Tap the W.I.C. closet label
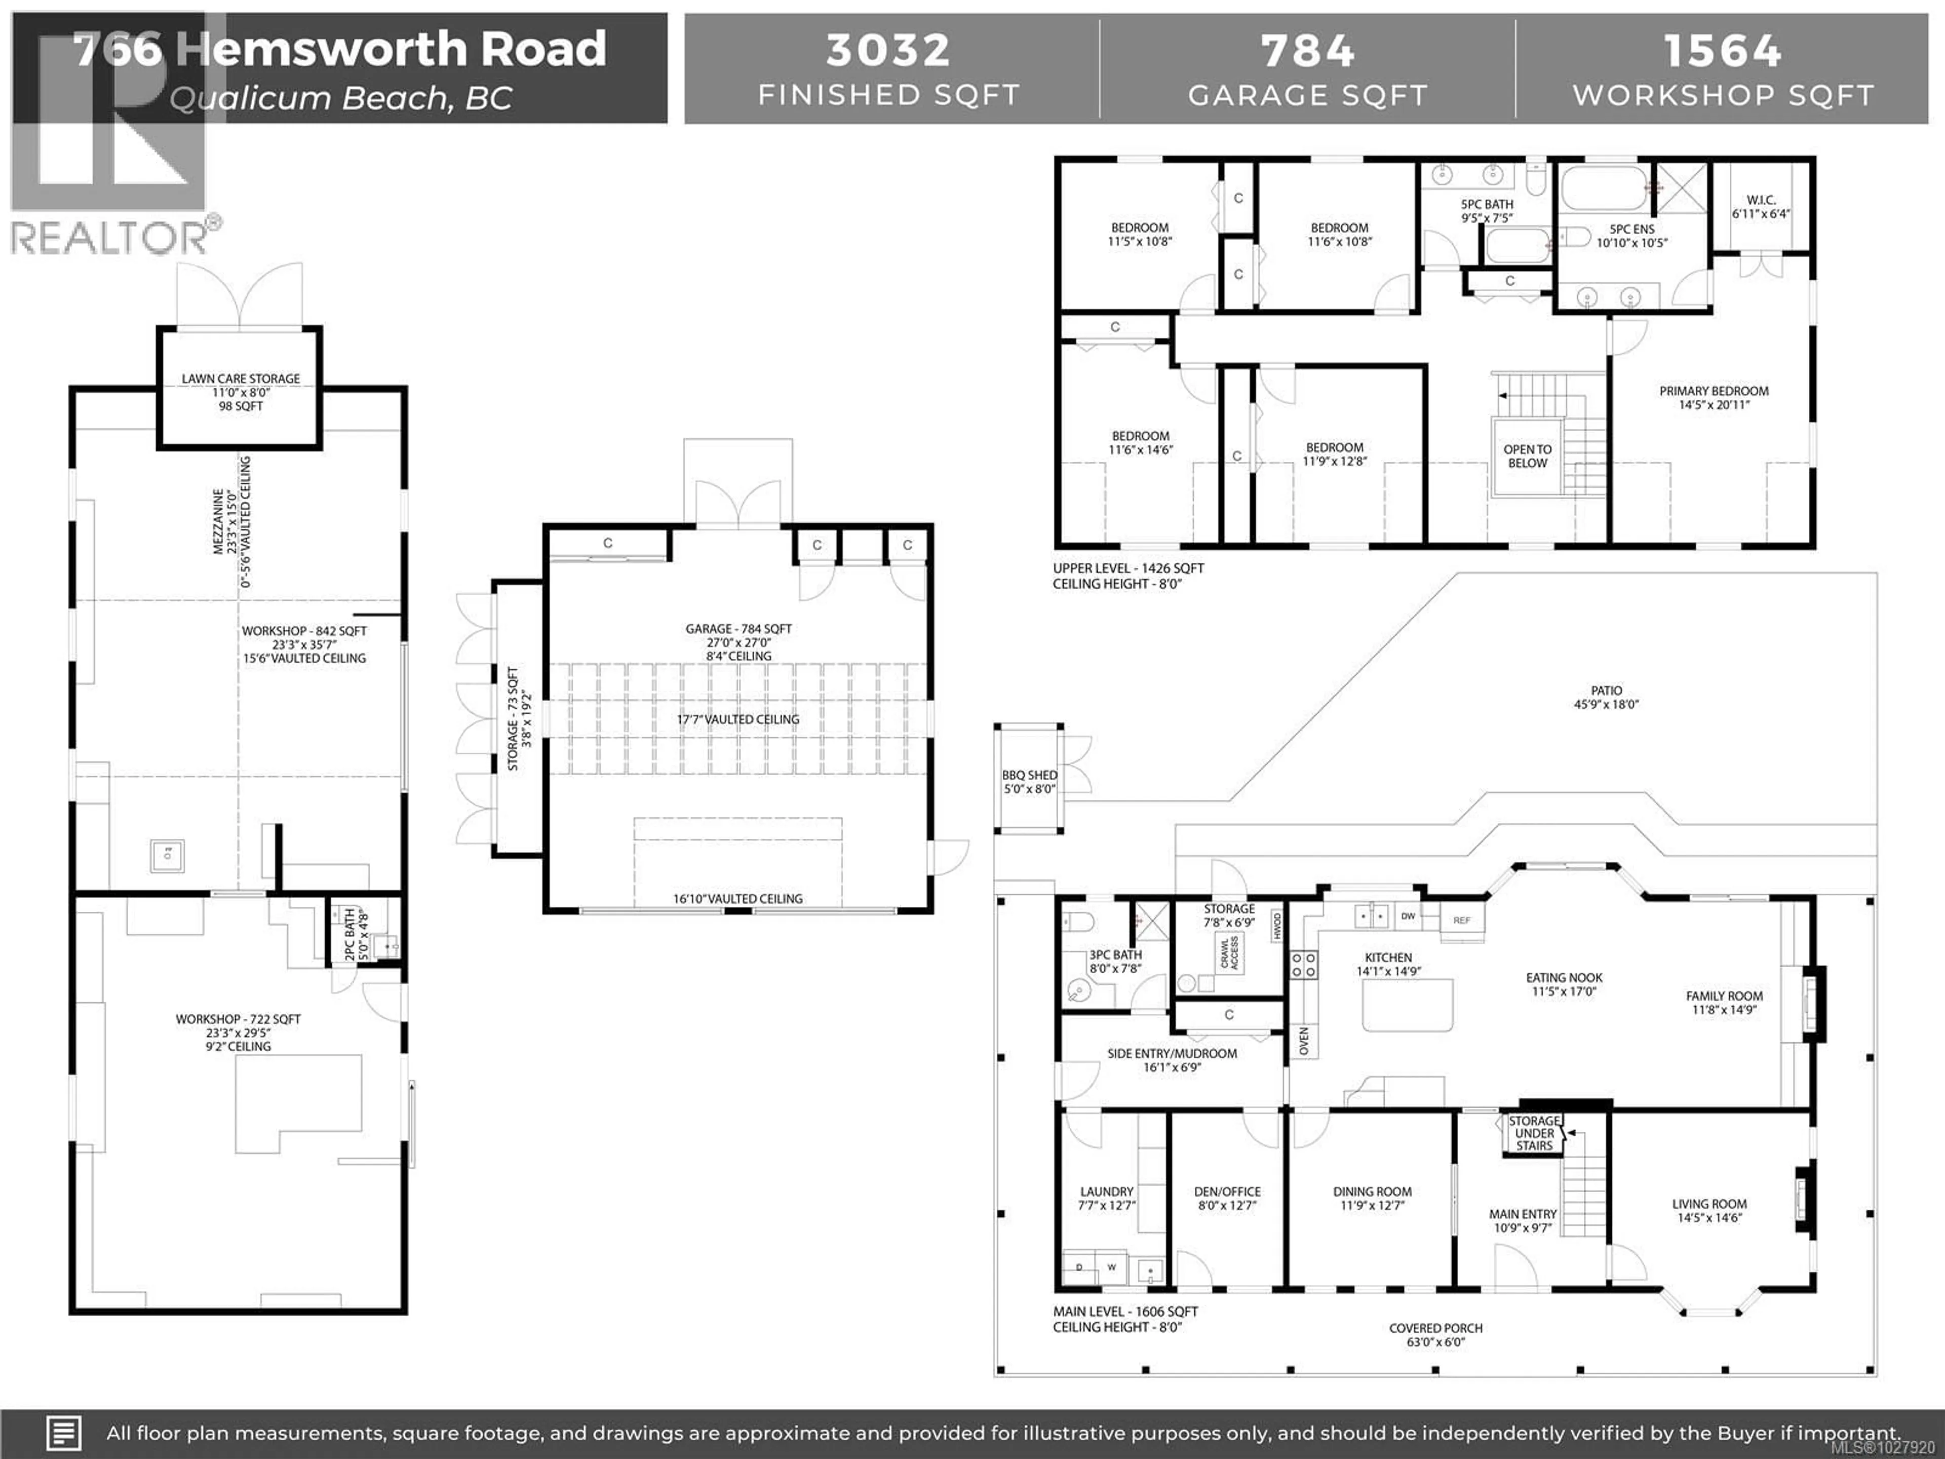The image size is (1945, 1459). [1761, 201]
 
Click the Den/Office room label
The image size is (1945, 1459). [1227, 1192]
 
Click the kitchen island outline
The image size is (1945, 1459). [1407, 1005]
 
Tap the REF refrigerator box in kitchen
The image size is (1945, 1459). [1461, 920]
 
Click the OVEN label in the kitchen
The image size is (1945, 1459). [1303, 1041]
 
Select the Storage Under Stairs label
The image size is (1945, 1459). [1534, 1133]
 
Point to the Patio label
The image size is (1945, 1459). [1606, 691]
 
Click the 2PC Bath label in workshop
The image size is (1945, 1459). [349, 935]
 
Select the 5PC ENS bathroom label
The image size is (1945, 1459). [1631, 228]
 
